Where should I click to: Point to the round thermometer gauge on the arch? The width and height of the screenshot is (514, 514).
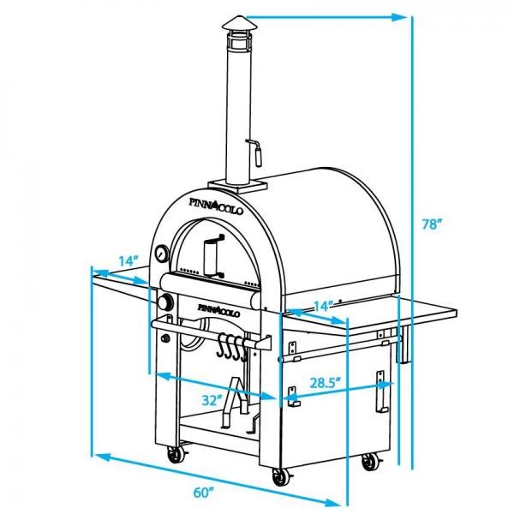click(x=161, y=254)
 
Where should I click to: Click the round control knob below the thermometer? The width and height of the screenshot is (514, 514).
click(x=164, y=303)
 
